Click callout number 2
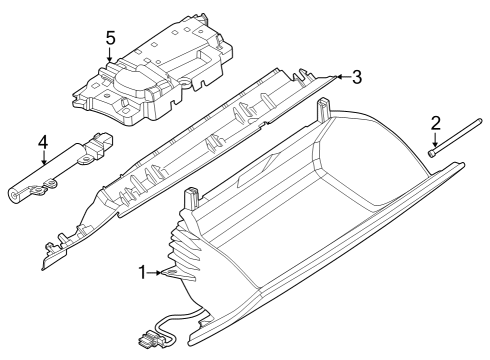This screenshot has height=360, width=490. [x=436, y=124]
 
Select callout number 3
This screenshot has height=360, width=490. [x=356, y=76]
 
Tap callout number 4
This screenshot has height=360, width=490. [x=43, y=143]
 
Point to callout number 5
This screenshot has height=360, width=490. [x=111, y=38]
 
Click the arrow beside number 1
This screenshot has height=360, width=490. [x=162, y=272]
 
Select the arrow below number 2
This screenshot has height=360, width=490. [x=436, y=143]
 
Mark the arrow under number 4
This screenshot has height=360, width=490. [x=43, y=162]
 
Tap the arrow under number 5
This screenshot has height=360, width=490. [x=111, y=58]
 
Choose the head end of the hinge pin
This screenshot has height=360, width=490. [x=430, y=153]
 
